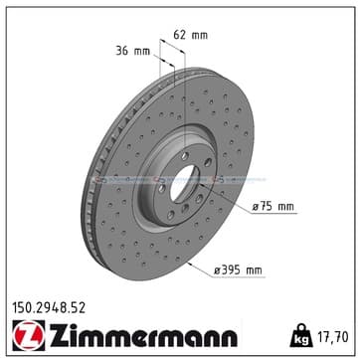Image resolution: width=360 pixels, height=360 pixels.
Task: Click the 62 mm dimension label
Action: [191, 35]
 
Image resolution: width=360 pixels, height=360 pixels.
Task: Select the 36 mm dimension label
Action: [132, 51]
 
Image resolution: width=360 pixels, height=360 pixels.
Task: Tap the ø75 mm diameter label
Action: [272, 207]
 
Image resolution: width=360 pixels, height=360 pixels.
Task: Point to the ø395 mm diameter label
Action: [238, 270]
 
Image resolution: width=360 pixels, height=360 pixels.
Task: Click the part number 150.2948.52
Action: [49, 308]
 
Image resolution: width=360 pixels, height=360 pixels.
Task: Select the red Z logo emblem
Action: [29, 335]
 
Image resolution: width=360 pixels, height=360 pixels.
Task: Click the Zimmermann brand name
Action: [143, 335]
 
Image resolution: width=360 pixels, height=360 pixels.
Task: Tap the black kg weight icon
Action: [301, 335]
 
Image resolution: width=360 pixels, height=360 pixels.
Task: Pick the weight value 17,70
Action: [334, 337]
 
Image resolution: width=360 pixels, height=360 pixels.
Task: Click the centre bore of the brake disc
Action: [184, 183]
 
